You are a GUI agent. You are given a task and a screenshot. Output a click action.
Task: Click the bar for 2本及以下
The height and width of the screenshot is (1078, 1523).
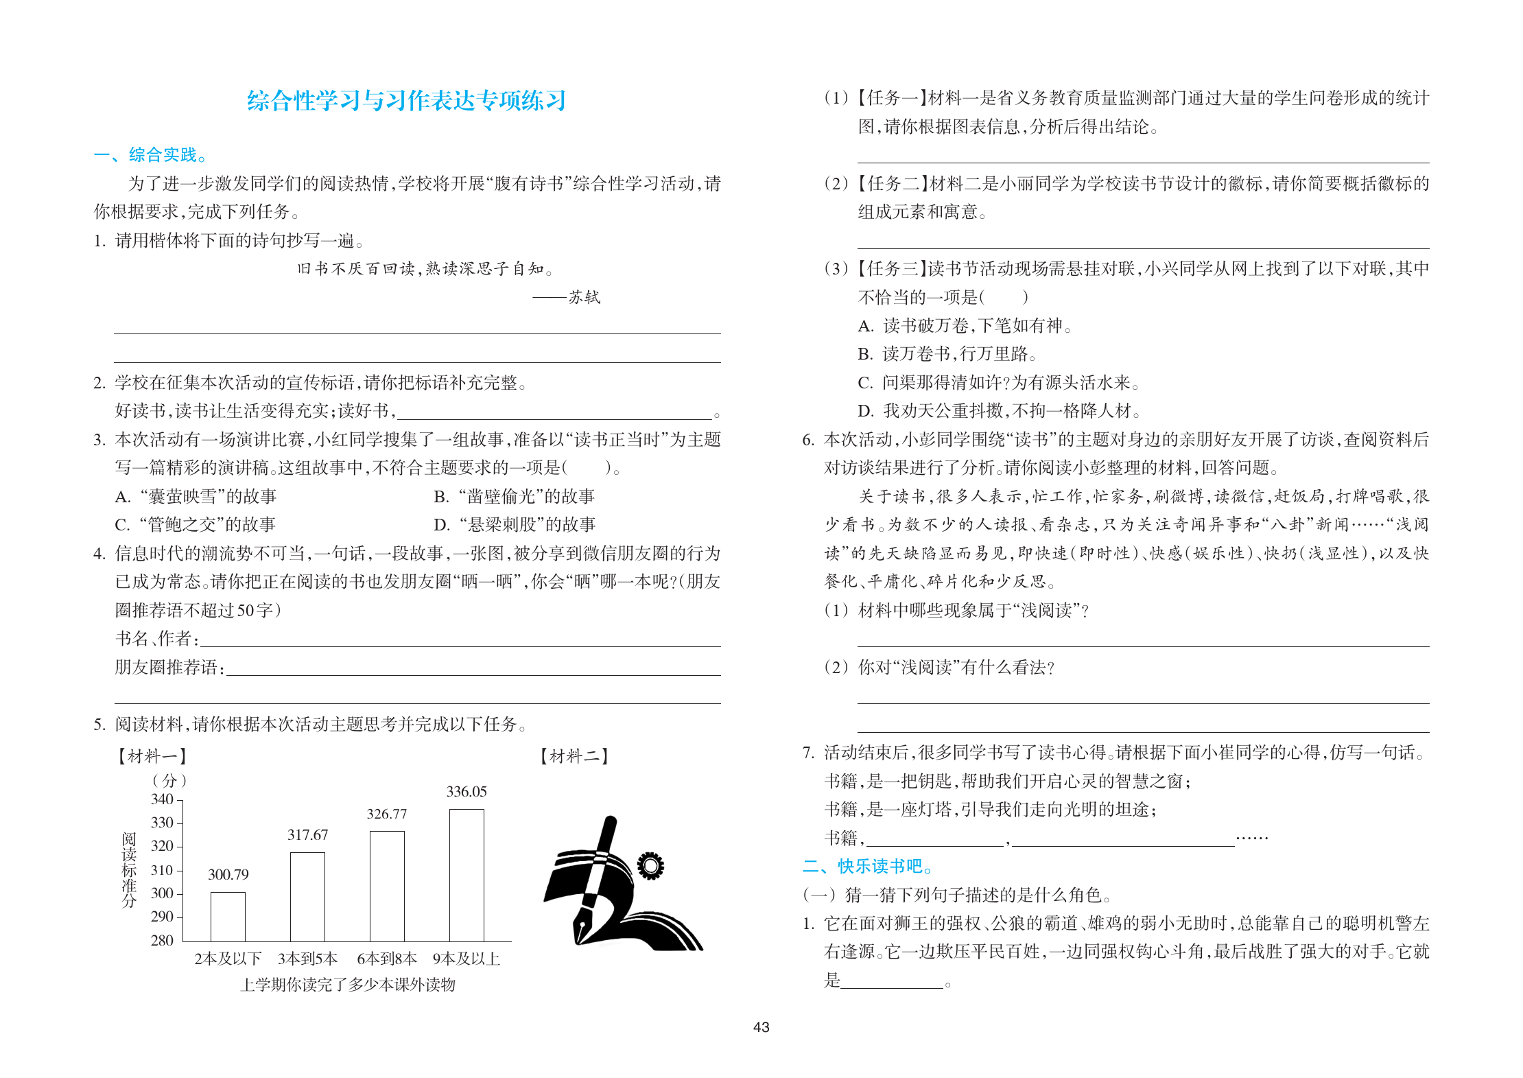pyautogui.click(x=228, y=917)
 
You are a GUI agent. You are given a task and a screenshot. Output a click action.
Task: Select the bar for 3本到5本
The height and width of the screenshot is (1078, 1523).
pyautogui.click(x=307, y=897)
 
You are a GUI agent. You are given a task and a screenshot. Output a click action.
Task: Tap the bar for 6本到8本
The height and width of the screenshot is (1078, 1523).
pyautogui.click(x=387, y=886)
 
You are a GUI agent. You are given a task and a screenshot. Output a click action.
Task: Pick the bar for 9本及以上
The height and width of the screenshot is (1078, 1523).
pyautogui.click(x=467, y=875)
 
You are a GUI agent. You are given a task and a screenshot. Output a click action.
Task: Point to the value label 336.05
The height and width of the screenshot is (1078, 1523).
pyautogui.click(x=467, y=792)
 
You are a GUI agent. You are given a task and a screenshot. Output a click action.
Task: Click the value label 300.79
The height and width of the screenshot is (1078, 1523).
pyautogui.click(x=228, y=875)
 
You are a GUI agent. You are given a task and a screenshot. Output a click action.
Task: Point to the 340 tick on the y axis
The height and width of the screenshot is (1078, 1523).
pyautogui.click(x=163, y=799)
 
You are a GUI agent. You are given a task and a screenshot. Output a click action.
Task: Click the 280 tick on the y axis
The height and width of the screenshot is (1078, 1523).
pyautogui.click(x=163, y=941)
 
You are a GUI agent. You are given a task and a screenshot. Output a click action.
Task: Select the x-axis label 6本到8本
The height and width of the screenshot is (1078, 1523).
pyautogui.click(x=387, y=959)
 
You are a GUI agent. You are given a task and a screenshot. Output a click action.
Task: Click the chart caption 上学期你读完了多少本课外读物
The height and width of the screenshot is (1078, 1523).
pyautogui.click(x=348, y=985)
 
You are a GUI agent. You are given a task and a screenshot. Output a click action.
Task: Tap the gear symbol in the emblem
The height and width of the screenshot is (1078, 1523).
pyautogui.click(x=650, y=866)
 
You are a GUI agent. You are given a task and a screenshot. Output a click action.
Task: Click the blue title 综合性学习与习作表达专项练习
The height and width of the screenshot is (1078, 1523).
pyautogui.click(x=406, y=101)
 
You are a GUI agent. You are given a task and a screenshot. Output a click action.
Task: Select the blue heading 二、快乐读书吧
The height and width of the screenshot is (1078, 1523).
pyautogui.click(x=868, y=867)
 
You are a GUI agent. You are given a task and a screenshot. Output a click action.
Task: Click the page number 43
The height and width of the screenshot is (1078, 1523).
pyautogui.click(x=761, y=1027)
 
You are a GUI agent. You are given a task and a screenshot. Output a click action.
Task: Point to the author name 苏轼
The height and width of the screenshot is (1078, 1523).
pyautogui.click(x=585, y=297)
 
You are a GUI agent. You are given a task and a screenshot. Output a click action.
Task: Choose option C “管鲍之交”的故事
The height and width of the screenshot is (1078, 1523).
pyautogui.click(x=196, y=525)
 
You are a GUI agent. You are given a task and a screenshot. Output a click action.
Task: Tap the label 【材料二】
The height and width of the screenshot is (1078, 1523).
pyautogui.click(x=574, y=756)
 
